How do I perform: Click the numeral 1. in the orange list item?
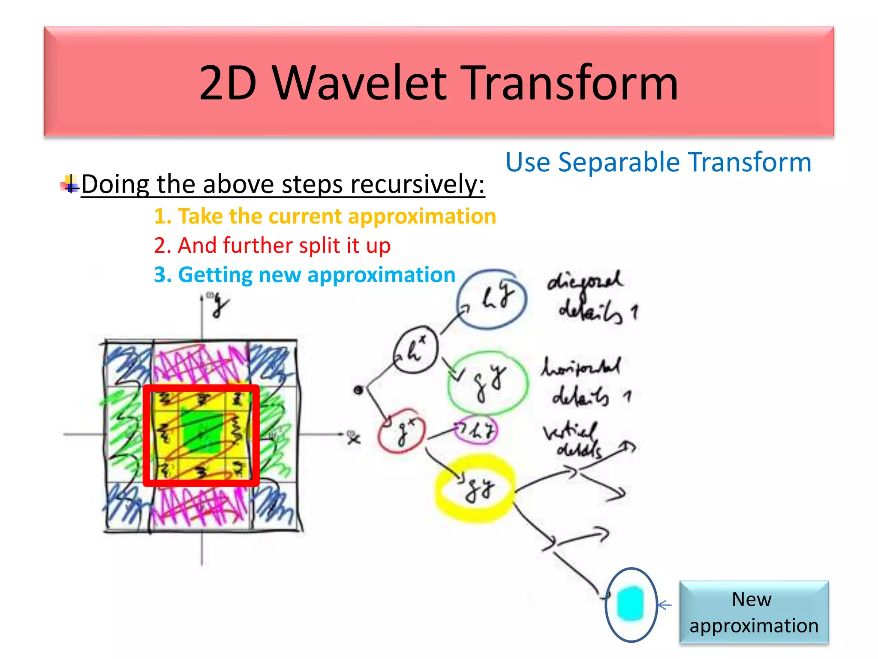tap(163, 216)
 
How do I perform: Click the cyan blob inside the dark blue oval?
tap(630, 603)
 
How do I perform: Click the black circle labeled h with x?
tap(415, 350)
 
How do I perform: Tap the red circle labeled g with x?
tap(401, 434)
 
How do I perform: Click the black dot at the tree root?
tap(358, 390)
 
